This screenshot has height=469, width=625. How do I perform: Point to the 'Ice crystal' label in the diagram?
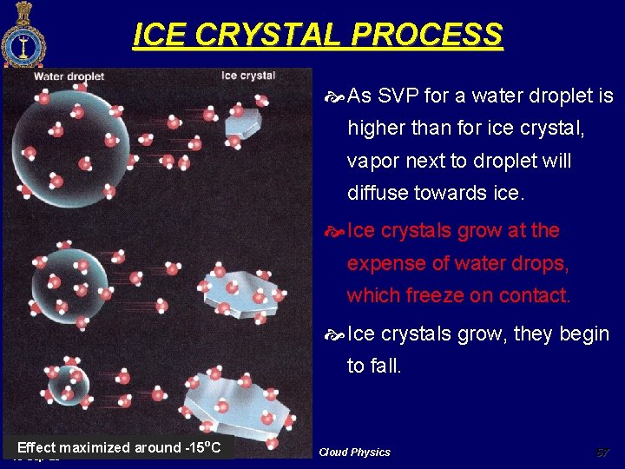[x=248, y=76]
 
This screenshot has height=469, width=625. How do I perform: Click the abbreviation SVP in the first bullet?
[x=399, y=96]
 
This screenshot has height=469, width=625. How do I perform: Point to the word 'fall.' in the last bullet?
[x=386, y=366]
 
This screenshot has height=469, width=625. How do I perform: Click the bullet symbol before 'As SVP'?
[x=336, y=96]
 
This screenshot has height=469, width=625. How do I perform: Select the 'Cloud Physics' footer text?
[x=354, y=452]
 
